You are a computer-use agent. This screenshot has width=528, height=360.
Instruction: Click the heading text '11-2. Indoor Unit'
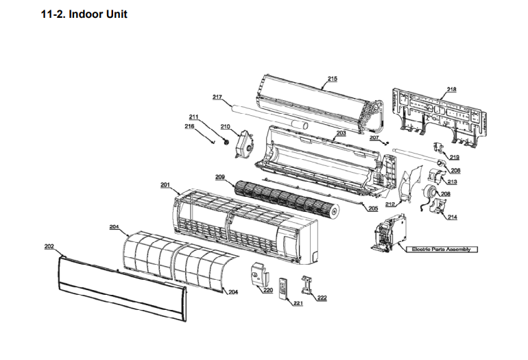click(x=84, y=14)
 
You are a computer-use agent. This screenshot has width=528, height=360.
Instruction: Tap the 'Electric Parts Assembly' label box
click(x=441, y=249)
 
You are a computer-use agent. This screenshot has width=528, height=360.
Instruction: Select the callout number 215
click(x=332, y=79)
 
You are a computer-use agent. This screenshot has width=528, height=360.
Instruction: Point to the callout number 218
click(x=452, y=89)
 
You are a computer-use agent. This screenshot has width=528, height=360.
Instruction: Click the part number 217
click(x=217, y=97)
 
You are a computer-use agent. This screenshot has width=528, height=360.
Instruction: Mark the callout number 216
click(x=189, y=126)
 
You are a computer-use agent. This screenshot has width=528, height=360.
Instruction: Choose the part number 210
click(x=225, y=126)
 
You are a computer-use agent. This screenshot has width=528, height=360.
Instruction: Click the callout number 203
click(x=341, y=133)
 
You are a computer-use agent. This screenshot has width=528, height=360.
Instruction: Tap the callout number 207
click(x=374, y=138)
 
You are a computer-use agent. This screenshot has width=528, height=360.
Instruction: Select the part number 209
click(x=219, y=177)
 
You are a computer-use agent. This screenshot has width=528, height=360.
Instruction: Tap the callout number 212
click(x=389, y=204)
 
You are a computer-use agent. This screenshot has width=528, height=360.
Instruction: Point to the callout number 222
click(x=322, y=298)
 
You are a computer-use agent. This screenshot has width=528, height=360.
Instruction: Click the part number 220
click(x=268, y=290)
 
